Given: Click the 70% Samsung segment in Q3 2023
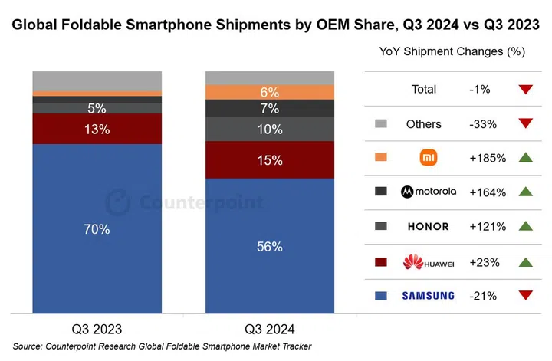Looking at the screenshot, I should tap(97, 228).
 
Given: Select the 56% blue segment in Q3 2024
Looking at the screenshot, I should tap(269, 246).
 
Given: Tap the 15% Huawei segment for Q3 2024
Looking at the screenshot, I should tap(269, 160).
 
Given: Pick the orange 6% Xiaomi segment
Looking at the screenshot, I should tap(269, 92).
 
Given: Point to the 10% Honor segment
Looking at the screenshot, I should tap(269, 129).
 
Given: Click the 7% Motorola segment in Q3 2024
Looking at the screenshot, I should tap(269, 108).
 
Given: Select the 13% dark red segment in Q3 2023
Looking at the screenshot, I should tap(97, 129).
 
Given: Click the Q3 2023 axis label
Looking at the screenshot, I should tap(97, 330).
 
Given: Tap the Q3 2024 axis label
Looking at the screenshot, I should tap(269, 330).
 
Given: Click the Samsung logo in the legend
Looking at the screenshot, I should tap(428, 296).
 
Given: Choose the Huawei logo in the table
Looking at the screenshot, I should tap(428, 262).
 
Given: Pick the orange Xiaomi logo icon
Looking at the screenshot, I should tap(428, 158).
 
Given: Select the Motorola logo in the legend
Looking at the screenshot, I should tap(428, 192).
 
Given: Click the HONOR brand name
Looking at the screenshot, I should tap(428, 227).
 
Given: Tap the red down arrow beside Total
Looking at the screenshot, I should tap(525, 90).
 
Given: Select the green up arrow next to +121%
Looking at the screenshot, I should tap(525, 227).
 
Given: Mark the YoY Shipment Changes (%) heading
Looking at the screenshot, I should tap(452, 51).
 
